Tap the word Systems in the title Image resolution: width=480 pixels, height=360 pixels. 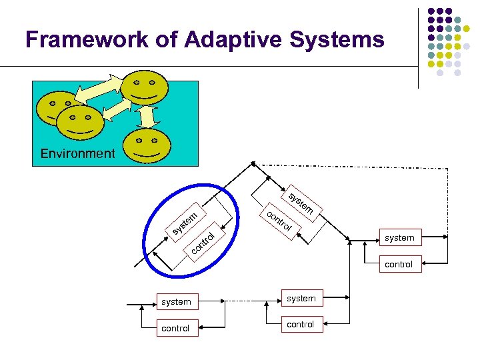(337, 40)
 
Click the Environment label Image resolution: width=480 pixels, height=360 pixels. (77, 153)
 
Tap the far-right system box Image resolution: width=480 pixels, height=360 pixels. (399, 237)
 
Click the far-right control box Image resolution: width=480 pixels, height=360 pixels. (399, 264)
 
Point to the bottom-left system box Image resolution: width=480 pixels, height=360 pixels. (176, 302)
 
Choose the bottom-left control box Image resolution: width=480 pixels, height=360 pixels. (176, 328)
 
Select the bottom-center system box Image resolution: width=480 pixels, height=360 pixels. (301, 299)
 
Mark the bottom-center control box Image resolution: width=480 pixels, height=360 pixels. (301, 325)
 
